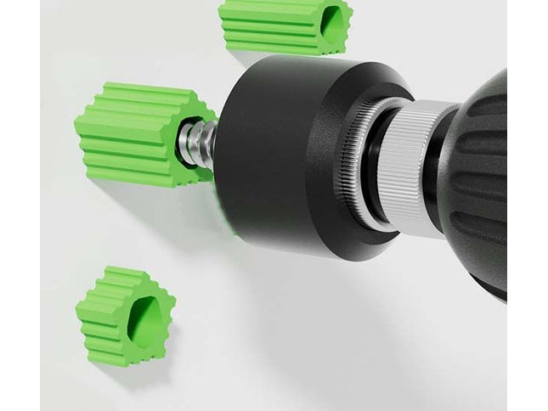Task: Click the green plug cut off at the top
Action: tap(280, 25)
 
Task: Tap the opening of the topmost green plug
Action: tap(333, 25)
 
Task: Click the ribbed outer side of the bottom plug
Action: tap(98, 318)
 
